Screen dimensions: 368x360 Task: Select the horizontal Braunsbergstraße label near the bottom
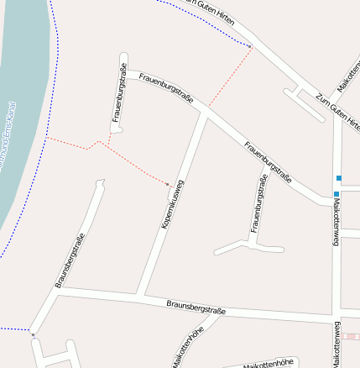(196, 308)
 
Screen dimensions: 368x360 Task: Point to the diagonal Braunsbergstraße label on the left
(70, 260)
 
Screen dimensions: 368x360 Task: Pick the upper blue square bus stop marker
(339, 178)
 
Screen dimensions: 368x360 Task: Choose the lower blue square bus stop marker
(336, 194)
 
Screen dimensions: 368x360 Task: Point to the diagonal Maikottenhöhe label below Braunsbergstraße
(188, 347)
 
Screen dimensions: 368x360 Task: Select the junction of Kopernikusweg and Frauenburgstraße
(204, 110)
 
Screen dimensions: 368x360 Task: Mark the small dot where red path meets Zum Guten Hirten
(251, 46)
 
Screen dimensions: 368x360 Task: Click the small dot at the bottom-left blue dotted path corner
(33, 334)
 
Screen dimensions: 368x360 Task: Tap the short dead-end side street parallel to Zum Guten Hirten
(304, 102)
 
